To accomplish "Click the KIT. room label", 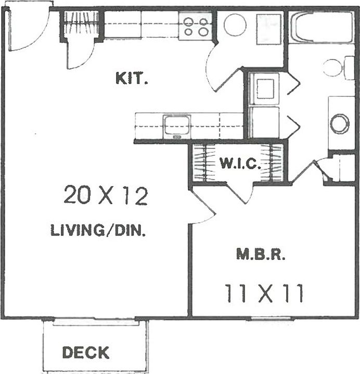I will pos(132,80).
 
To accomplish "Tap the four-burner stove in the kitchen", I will pos(196,26).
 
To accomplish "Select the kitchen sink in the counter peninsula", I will pos(176,126).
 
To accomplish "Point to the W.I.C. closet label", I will pos(239,164).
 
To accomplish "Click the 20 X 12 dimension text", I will pos(106,196).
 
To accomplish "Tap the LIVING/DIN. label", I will pos(97,230).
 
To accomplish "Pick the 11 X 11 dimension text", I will pos(264,293).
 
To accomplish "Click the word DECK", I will pos(86,353).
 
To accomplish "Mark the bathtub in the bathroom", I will pos(320,27).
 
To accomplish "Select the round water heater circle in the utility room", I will pos(235,24).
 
